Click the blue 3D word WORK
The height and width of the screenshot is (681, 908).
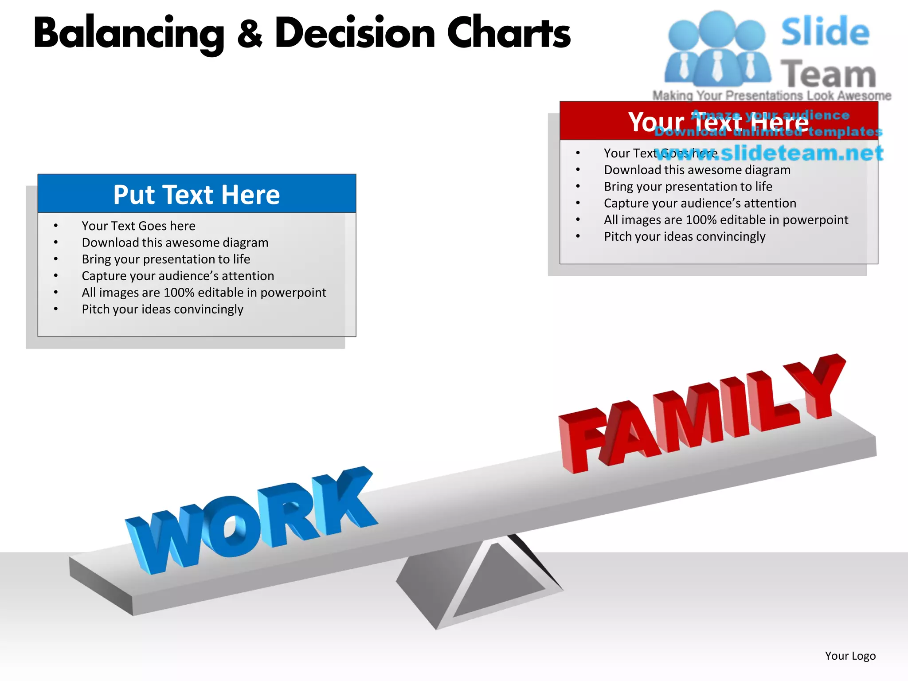(253, 521)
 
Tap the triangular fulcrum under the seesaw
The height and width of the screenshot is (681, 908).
(479, 581)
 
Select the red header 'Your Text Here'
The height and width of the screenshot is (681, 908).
(718, 121)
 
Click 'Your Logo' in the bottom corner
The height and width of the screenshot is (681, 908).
(850, 656)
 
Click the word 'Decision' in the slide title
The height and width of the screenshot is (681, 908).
(355, 33)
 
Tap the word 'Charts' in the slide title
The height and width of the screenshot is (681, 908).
(509, 33)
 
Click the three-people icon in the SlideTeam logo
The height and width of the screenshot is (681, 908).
(717, 49)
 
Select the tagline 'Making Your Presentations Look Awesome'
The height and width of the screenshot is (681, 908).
(771, 95)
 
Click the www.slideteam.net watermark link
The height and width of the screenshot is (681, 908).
(769, 153)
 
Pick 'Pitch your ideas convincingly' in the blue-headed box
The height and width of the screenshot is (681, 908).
(162, 309)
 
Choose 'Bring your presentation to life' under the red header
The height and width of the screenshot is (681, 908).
(688, 186)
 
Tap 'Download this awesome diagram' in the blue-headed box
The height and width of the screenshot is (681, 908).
(175, 243)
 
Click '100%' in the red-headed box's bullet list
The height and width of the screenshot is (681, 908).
(701, 220)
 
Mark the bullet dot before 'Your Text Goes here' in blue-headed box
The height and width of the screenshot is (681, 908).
(56, 226)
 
